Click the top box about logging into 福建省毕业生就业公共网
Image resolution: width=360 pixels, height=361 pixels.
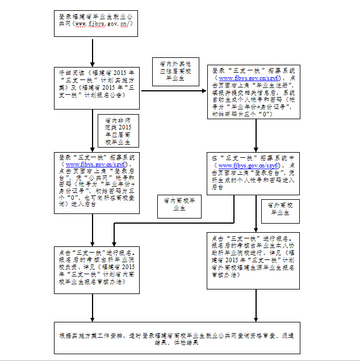pos(95,21)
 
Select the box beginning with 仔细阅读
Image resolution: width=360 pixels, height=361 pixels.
pos(97,82)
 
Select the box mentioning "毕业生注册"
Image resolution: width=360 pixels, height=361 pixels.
pos(254,93)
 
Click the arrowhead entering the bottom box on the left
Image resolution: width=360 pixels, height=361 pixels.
pos(93,318)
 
